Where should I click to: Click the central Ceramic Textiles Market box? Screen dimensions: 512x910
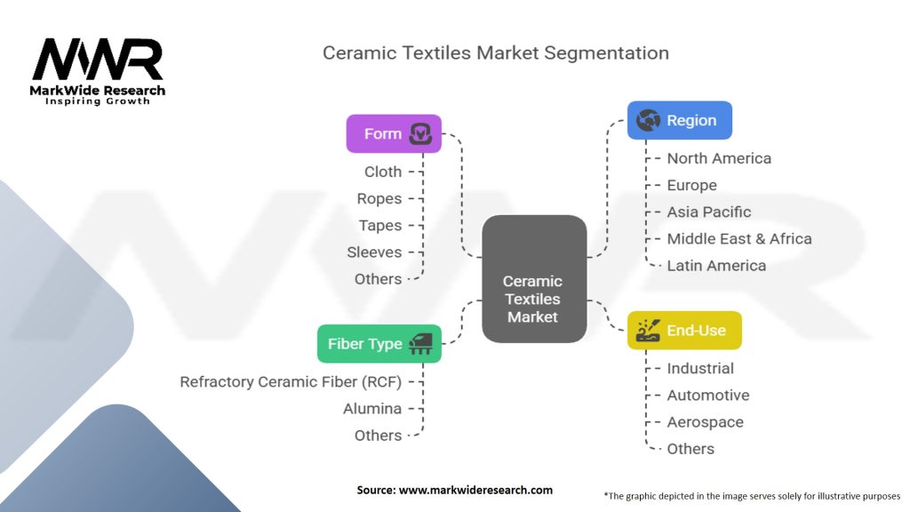tap(533, 279)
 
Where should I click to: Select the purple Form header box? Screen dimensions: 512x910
tap(393, 133)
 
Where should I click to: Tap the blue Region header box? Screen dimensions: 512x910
tap(679, 120)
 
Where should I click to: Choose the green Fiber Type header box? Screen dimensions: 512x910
tap(379, 343)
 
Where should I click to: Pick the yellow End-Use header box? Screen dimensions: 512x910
tap(683, 330)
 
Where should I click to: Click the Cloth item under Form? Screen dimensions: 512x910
tap(383, 172)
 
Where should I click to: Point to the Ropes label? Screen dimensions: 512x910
tap(379, 198)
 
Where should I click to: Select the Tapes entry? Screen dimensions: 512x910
tap(380, 225)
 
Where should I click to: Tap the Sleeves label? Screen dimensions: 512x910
tap(374, 252)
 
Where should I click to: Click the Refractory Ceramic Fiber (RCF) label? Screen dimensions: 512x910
tap(291, 381)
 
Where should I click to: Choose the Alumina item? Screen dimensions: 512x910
tap(372, 408)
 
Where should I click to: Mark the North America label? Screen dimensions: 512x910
tap(719, 158)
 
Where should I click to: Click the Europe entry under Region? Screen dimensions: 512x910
tap(691, 185)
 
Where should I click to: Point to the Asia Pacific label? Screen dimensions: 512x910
tap(708, 212)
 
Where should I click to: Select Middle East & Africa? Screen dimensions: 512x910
tap(738, 238)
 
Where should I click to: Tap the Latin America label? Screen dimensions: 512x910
tap(716, 265)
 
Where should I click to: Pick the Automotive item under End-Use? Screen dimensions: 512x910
tap(707, 395)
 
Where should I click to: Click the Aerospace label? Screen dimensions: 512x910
tap(705, 421)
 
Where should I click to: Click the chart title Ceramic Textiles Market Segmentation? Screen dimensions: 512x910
tap(495, 52)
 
